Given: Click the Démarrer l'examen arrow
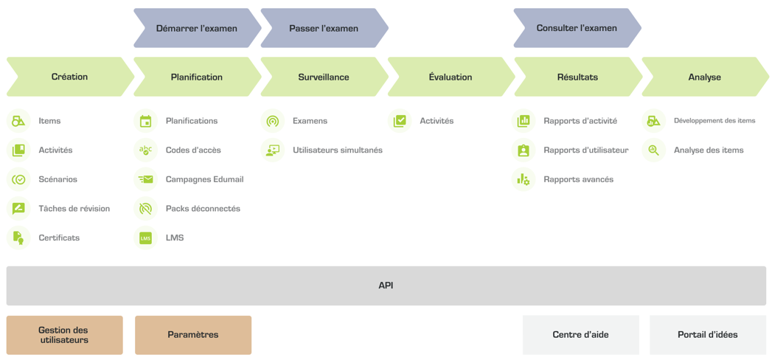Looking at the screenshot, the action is pyautogui.click(x=198, y=28).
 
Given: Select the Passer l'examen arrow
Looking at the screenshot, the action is pyautogui.click(x=324, y=28).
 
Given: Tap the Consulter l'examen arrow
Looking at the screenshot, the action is pyautogui.click(x=577, y=28).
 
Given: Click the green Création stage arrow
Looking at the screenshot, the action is pyautogui.click(x=70, y=77).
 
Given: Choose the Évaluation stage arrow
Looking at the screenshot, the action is pyautogui.click(x=451, y=77).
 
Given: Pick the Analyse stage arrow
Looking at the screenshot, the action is pyautogui.click(x=706, y=77).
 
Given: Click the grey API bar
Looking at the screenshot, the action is pyautogui.click(x=386, y=285).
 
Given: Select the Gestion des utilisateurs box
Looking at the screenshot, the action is pyautogui.click(x=64, y=335).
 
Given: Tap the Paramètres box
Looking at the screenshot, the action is pyautogui.click(x=193, y=335).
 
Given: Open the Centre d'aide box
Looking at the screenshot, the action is pyautogui.click(x=581, y=335).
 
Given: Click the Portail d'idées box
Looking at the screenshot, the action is pyautogui.click(x=708, y=335).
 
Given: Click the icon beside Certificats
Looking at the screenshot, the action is pyautogui.click(x=18, y=238).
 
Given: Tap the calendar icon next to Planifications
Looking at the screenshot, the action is pyautogui.click(x=145, y=121).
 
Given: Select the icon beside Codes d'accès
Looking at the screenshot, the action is pyautogui.click(x=145, y=150).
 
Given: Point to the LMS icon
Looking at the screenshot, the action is pyautogui.click(x=145, y=238).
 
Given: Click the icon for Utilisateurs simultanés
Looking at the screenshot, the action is pyautogui.click(x=272, y=150).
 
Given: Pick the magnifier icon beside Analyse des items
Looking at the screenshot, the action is pyautogui.click(x=653, y=150).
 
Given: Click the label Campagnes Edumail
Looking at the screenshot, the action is pyautogui.click(x=205, y=179).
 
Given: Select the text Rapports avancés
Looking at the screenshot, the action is pyautogui.click(x=579, y=179).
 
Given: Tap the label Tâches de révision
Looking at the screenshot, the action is pyautogui.click(x=74, y=208).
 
